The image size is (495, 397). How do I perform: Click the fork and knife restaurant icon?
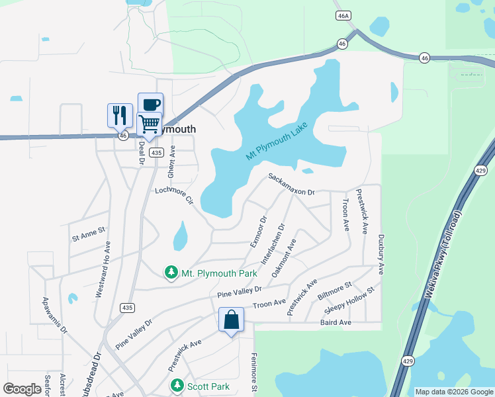point(120,115)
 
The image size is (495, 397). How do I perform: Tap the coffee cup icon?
point(150,105)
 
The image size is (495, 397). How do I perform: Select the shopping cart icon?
point(150,124)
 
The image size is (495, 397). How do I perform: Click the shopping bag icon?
point(231,320)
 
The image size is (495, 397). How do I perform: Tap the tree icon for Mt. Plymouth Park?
point(171,273)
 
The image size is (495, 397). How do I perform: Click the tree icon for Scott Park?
point(177,385)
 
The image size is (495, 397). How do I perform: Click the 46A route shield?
point(342,15)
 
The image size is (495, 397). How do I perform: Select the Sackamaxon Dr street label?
point(291,185)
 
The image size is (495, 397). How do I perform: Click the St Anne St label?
point(89,231)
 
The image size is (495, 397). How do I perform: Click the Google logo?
point(22,389)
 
